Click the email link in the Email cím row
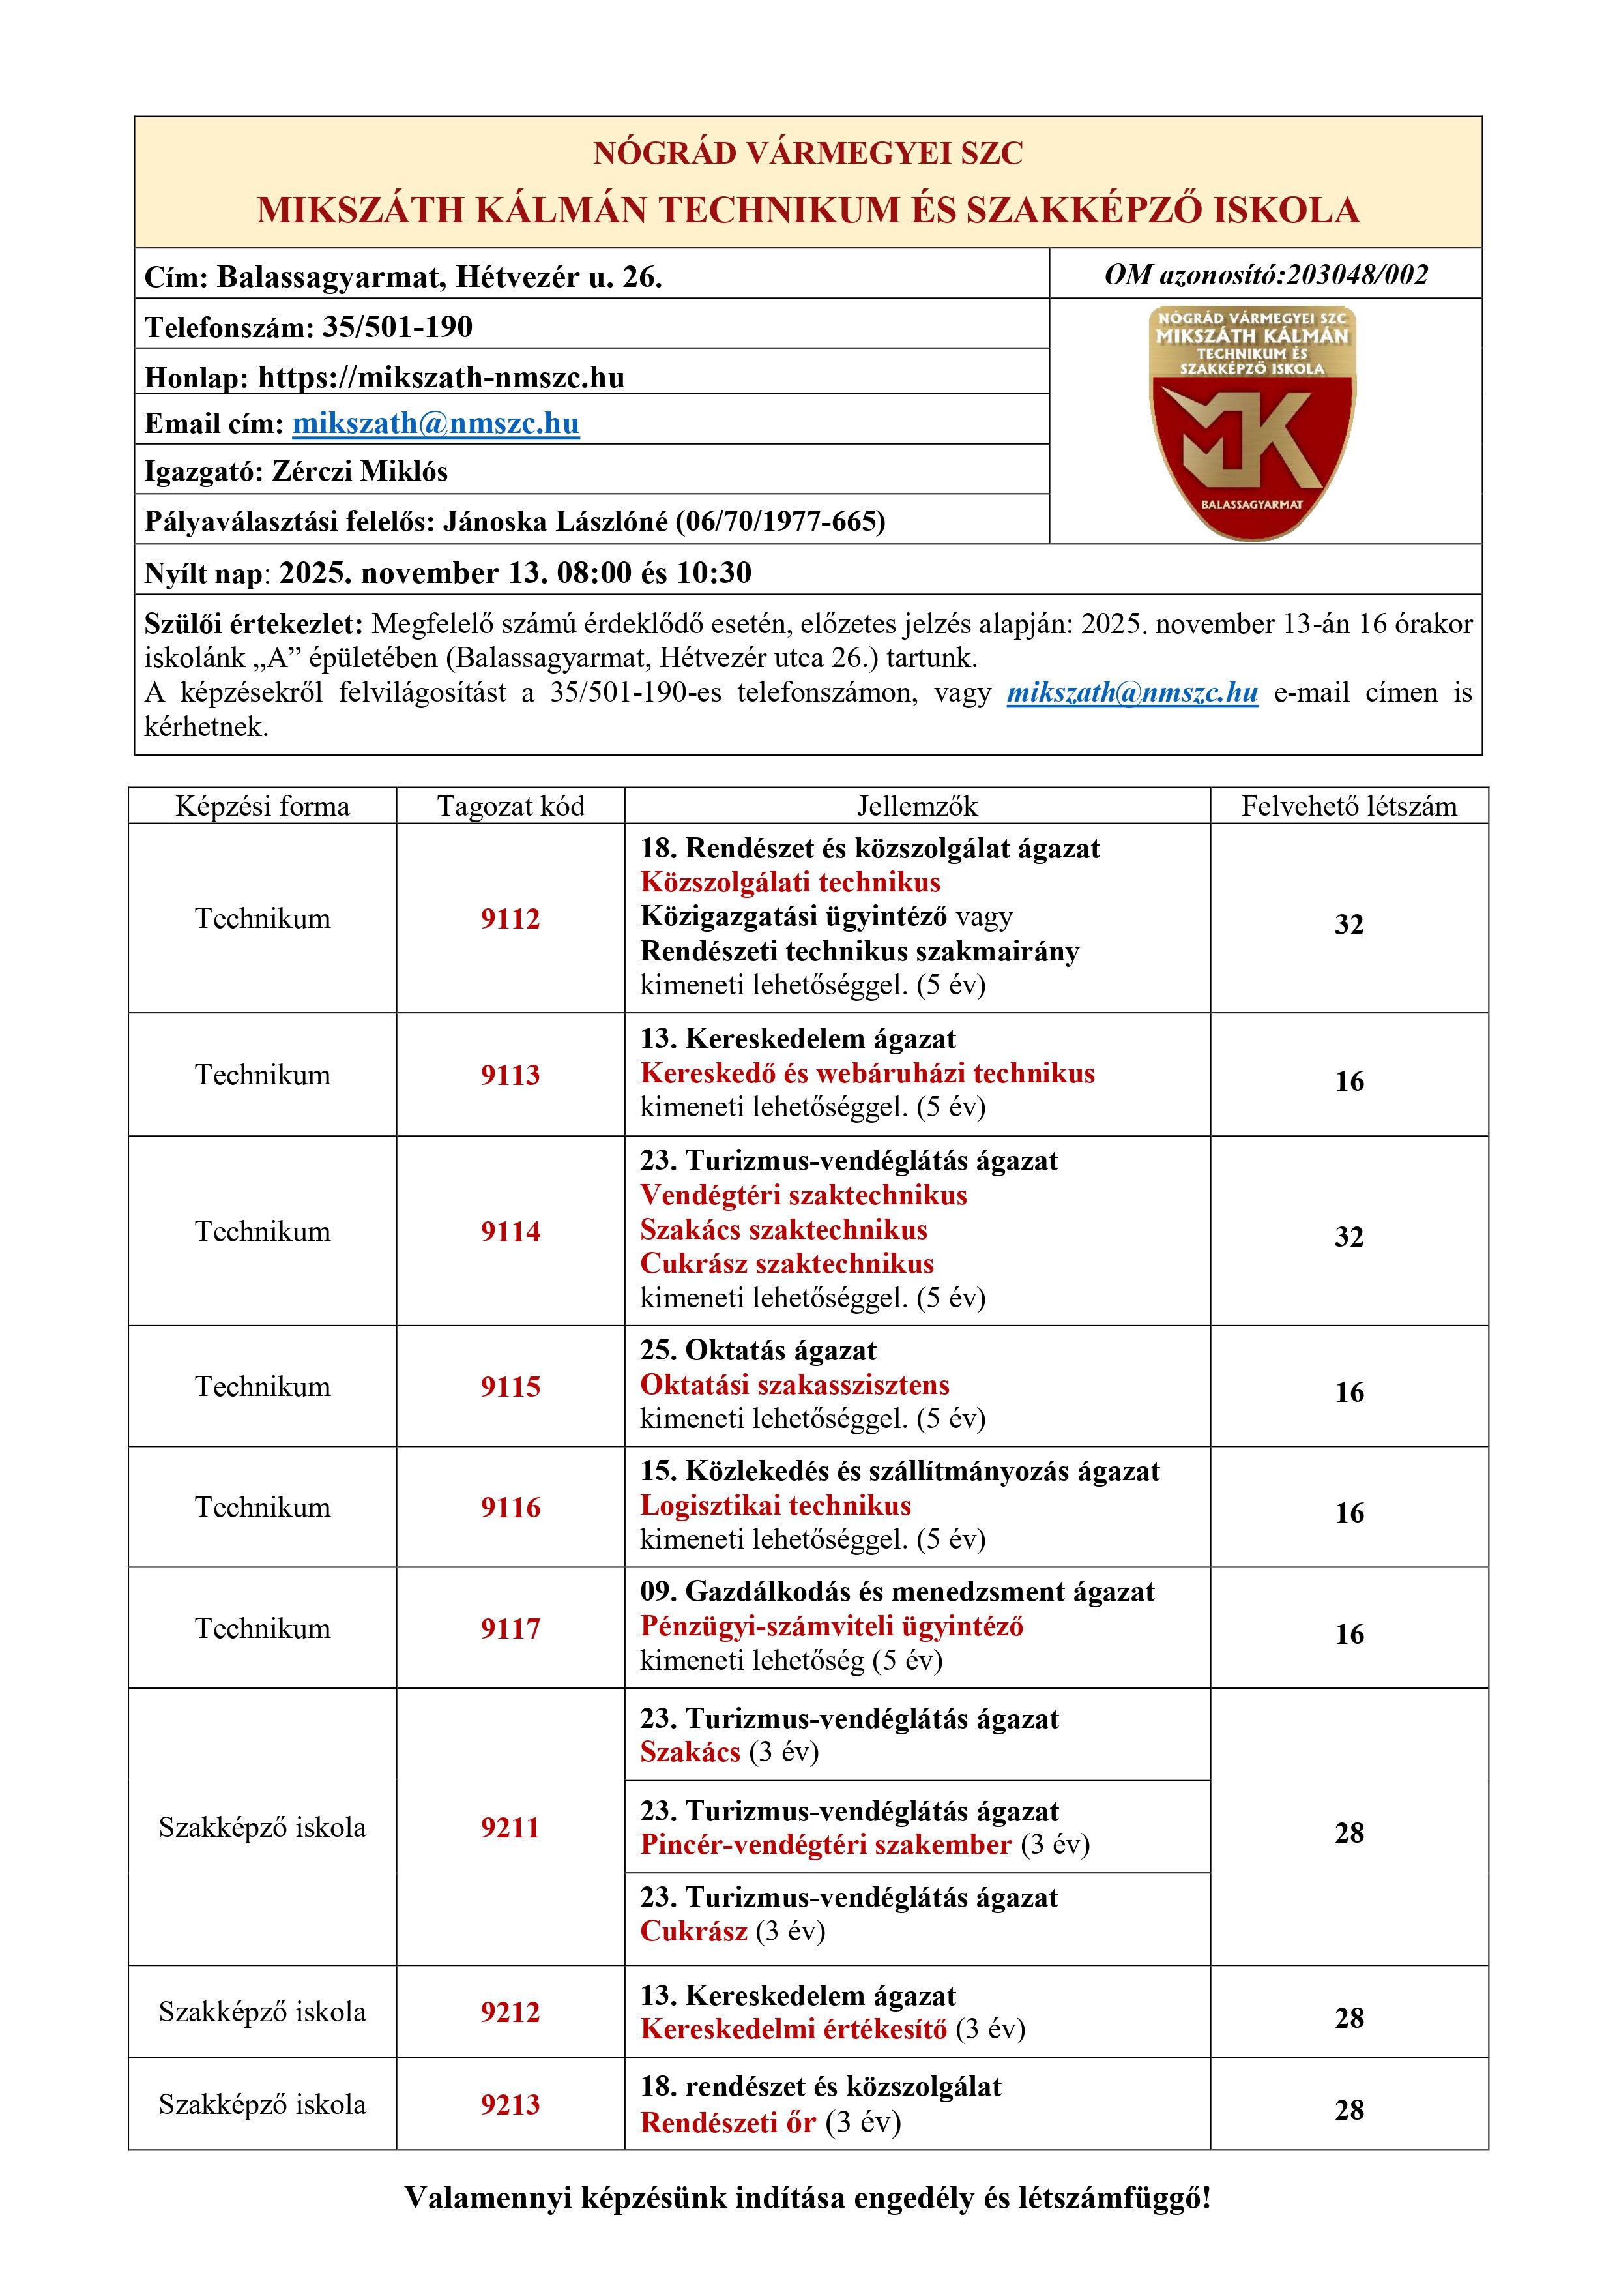(x=435, y=424)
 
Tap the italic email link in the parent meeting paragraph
(x=1132, y=692)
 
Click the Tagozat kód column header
(x=510, y=806)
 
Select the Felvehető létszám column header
(x=1349, y=806)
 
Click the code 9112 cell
(x=510, y=919)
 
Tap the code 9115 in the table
(x=510, y=1386)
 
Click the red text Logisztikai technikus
(x=775, y=1505)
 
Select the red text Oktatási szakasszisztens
(x=794, y=1384)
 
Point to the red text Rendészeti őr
(x=727, y=2122)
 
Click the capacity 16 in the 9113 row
(x=1349, y=1081)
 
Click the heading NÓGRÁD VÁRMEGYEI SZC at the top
(x=808, y=153)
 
